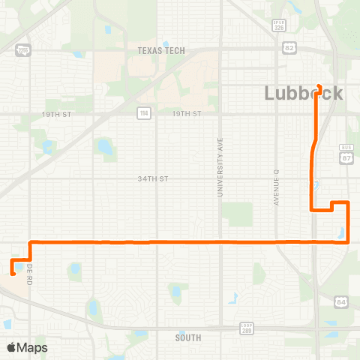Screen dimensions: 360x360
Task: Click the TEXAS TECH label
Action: tap(160, 51)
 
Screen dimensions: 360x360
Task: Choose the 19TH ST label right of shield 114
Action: tap(187, 113)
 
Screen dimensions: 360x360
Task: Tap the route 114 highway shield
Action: tap(142, 113)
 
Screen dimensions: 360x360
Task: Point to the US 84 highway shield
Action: tap(341, 301)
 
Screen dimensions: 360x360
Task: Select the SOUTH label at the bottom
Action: tap(187, 338)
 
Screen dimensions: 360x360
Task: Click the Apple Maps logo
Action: tap(28, 347)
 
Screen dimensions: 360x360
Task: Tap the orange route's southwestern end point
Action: tap(12, 273)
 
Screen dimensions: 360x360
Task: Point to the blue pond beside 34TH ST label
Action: tap(104, 147)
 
